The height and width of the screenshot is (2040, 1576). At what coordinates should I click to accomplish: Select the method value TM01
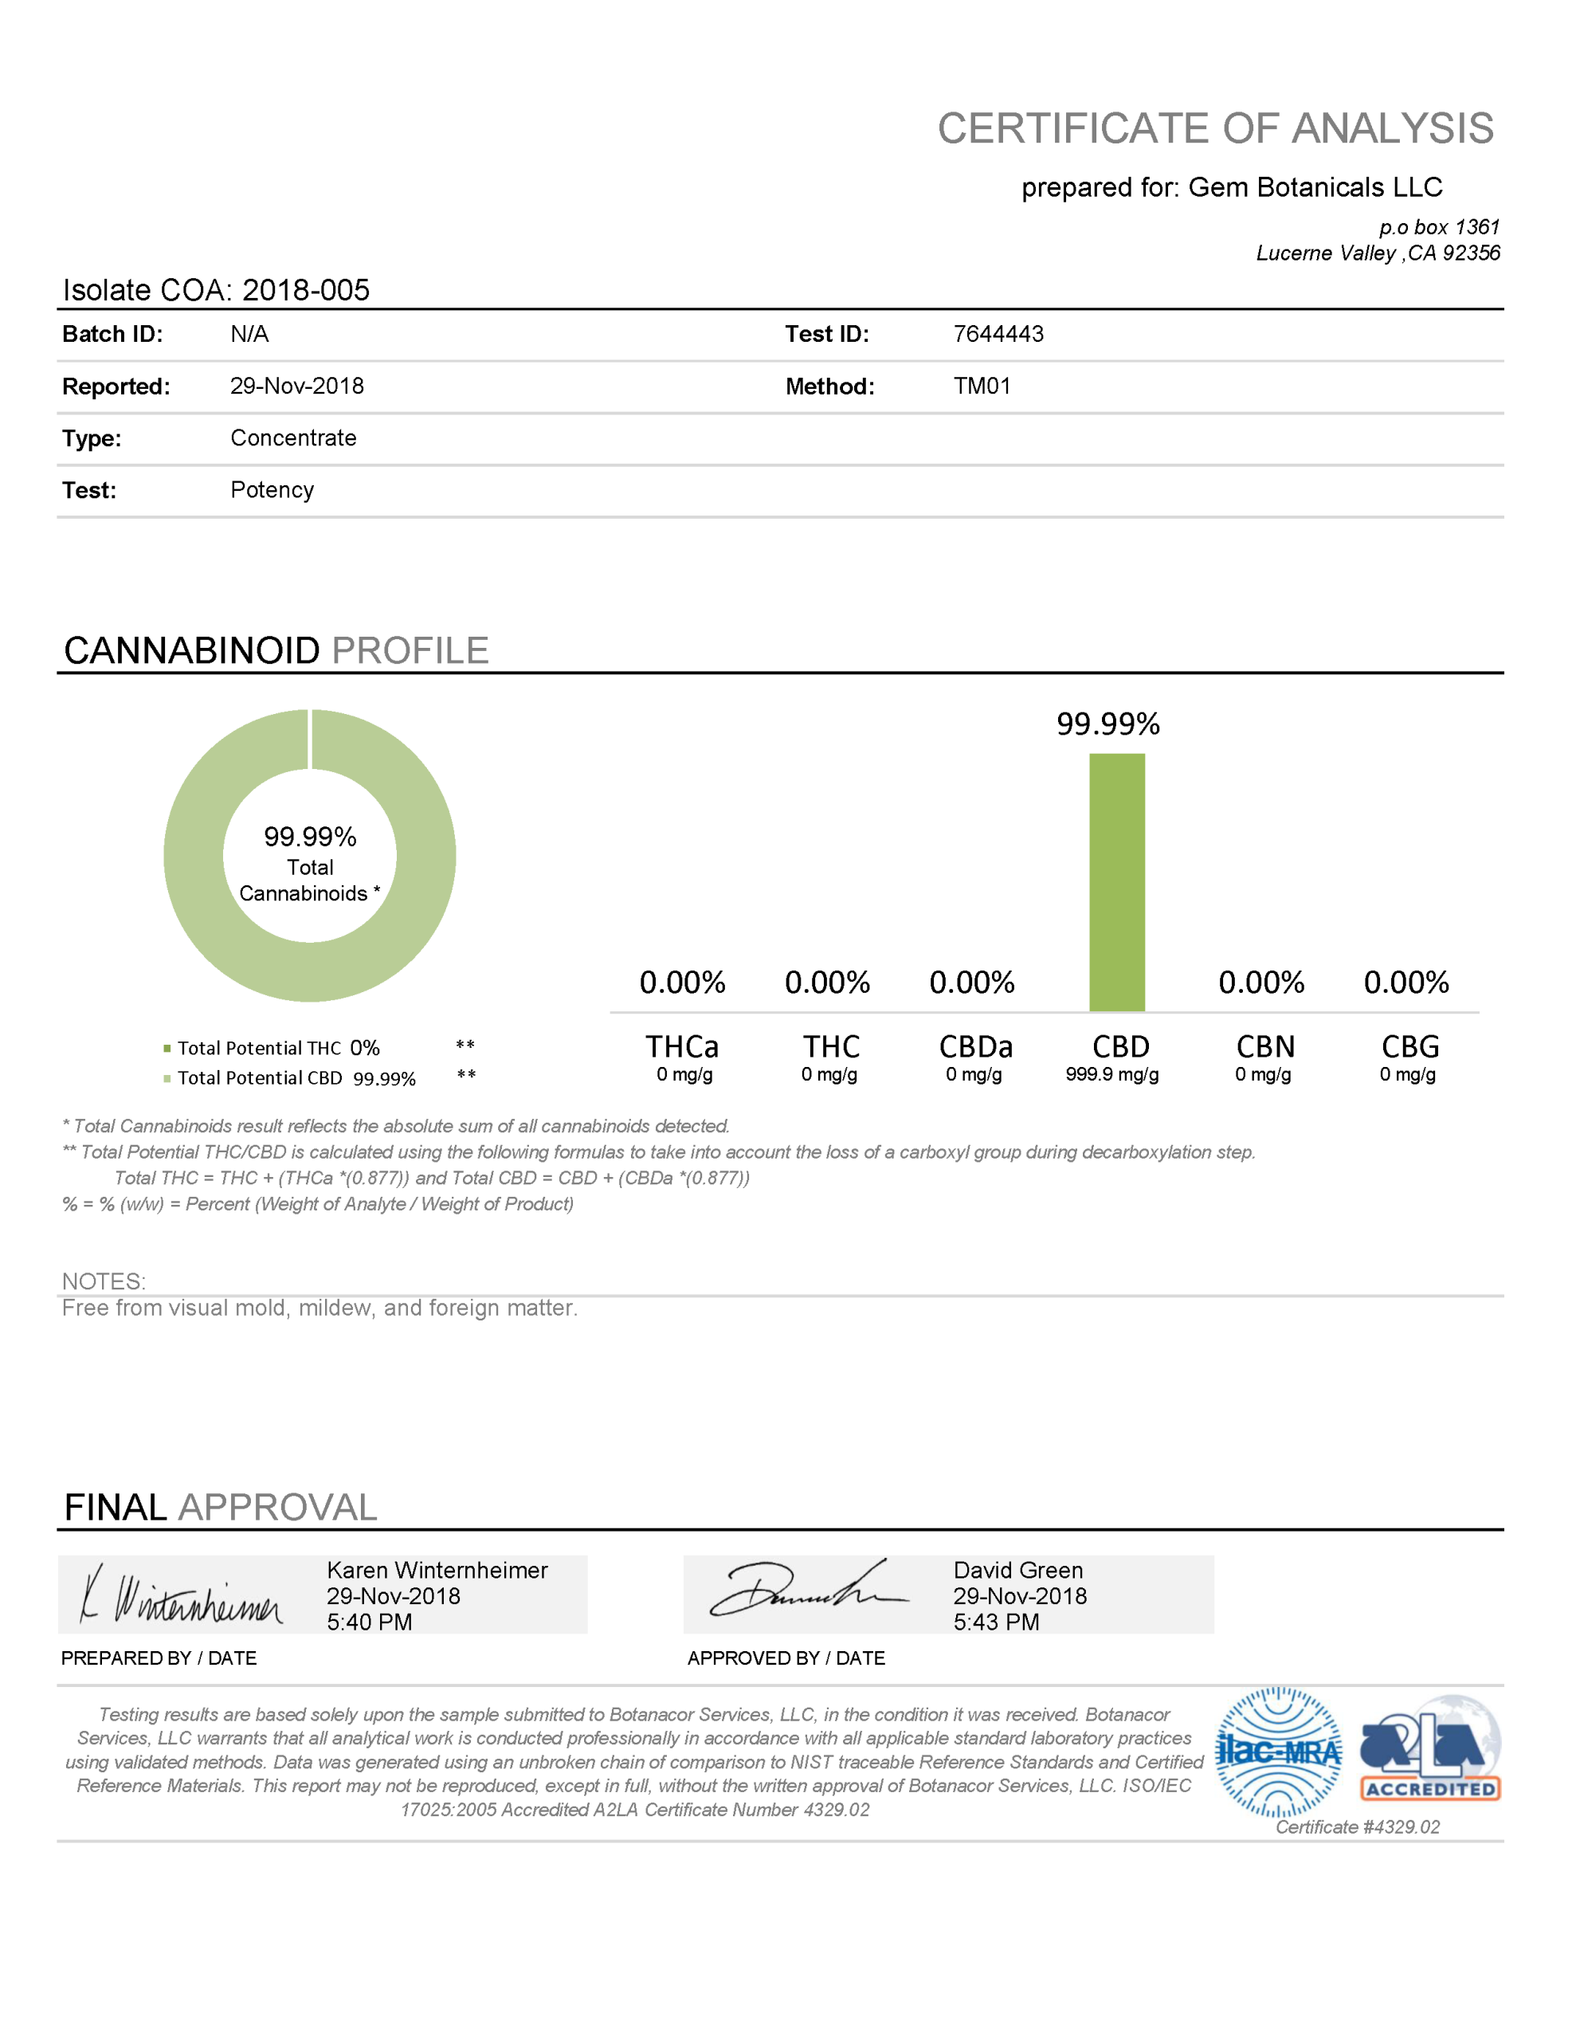click(x=981, y=386)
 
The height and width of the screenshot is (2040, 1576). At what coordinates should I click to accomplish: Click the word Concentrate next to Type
click(x=293, y=438)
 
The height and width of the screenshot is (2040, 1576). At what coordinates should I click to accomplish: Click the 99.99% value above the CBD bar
click(x=1108, y=724)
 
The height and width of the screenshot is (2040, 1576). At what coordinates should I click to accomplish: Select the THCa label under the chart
click(x=682, y=1046)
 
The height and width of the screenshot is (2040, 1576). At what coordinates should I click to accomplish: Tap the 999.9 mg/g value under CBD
click(x=1111, y=1074)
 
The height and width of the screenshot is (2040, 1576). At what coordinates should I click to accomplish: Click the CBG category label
click(x=1409, y=1046)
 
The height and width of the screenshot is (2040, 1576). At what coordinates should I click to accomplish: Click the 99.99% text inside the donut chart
click(x=310, y=836)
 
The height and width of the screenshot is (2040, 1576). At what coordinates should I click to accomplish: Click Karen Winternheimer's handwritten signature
click(x=182, y=1595)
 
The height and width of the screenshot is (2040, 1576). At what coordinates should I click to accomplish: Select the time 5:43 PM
click(x=996, y=1622)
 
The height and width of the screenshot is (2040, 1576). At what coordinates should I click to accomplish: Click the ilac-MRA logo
click(x=1278, y=1752)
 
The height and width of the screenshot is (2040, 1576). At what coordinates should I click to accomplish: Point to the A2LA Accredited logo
click(x=1429, y=1749)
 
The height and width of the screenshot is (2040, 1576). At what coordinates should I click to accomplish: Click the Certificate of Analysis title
click(x=1214, y=128)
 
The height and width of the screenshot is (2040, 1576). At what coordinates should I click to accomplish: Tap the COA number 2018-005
click(x=305, y=291)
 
